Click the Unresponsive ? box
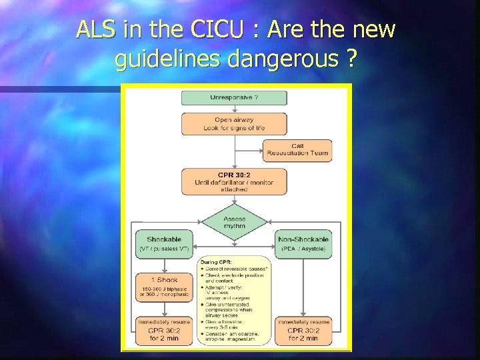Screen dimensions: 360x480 click(x=234, y=98)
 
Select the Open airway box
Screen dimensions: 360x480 click(x=234, y=124)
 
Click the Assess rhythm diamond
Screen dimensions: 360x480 click(x=234, y=222)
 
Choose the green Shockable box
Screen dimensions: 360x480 click(x=163, y=243)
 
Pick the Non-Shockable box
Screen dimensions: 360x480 click(x=303, y=243)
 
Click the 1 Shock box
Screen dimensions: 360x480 click(x=163, y=286)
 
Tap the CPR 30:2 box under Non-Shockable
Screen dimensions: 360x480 click(x=303, y=330)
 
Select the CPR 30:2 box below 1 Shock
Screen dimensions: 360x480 click(x=163, y=330)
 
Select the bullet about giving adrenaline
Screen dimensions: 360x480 click(x=230, y=323)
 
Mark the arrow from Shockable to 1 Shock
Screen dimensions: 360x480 click(x=163, y=263)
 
